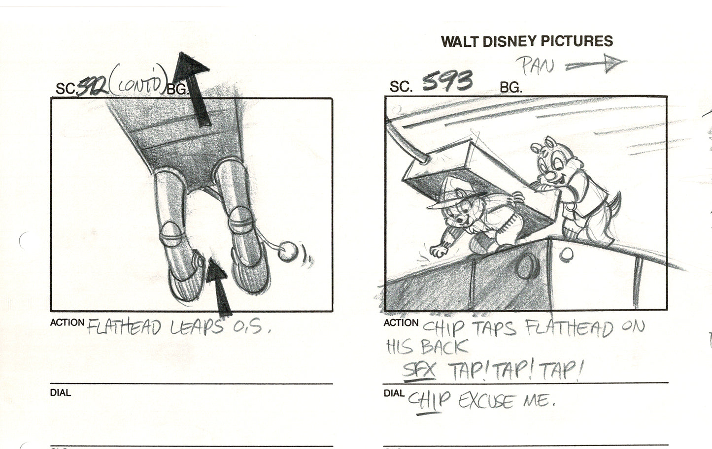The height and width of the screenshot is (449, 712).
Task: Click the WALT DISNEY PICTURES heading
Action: (526, 41)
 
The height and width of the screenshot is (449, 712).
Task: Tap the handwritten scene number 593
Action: (447, 82)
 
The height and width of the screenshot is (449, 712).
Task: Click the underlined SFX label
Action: (419, 371)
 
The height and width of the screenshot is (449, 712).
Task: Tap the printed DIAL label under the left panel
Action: (60, 393)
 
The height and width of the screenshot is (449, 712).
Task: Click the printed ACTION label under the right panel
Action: (401, 323)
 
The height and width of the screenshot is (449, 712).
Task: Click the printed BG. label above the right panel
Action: (510, 88)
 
